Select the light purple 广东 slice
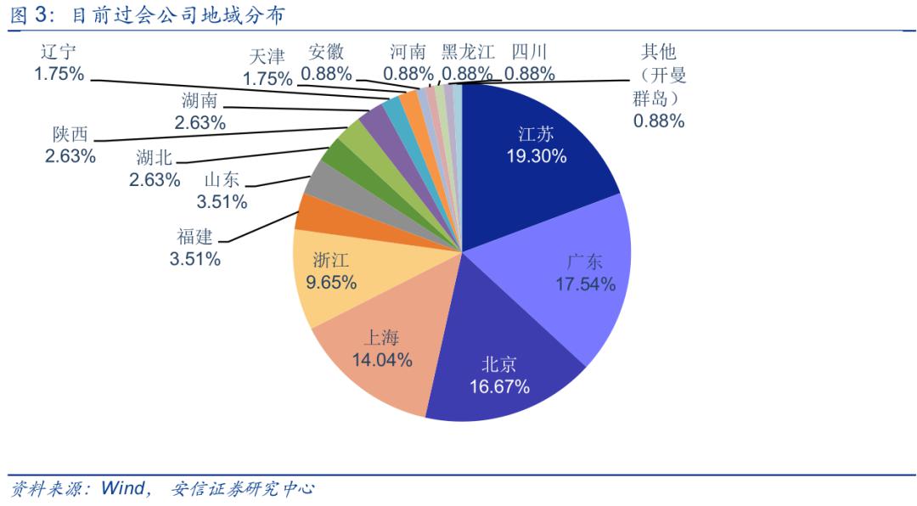click(577, 272)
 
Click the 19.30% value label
click(537, 156)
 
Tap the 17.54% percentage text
click(585, 284)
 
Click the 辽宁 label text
click(59, 52)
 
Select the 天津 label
click(267, 57)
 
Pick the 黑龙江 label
click(468, 52)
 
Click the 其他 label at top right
click(658, 52)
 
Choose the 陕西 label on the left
click(70, 134)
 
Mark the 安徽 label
click(326, 52)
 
